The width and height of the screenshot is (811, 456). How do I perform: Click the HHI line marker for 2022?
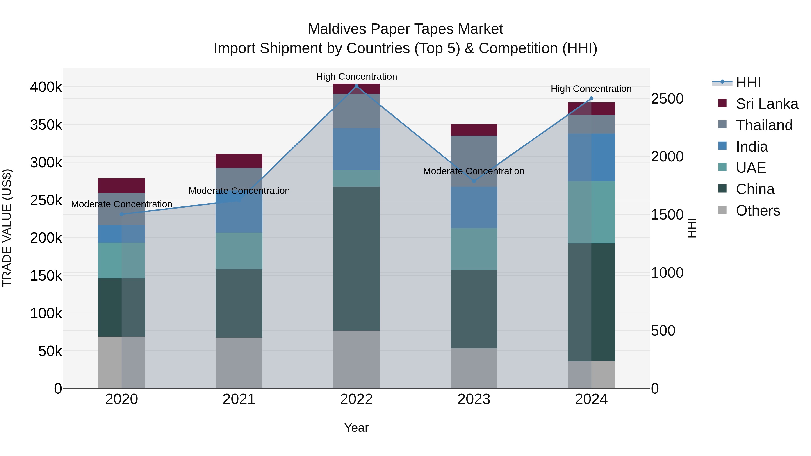[356, 86]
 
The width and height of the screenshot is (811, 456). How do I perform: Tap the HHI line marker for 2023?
[474, 181]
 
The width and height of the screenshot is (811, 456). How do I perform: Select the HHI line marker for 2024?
[591, 98]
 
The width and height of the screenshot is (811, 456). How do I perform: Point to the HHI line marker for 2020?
[121, 214]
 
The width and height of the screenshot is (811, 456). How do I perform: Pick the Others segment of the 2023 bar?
[474, 368]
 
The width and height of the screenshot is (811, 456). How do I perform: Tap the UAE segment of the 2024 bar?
[591, 212]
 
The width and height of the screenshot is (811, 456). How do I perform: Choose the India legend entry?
[752, 147]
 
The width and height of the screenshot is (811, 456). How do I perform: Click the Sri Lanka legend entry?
[767, 104]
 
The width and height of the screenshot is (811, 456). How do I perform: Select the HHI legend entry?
[748, 82]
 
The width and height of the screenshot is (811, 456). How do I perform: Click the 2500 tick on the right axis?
[667, 99]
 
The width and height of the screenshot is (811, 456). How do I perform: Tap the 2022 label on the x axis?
[356, 399]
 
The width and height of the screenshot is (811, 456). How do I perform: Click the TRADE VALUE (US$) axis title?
[7, 228]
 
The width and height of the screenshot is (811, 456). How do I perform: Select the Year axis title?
[356, 428]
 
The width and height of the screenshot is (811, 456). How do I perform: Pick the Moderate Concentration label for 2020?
[121, 204]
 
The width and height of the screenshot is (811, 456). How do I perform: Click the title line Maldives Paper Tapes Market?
[405, 29]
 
